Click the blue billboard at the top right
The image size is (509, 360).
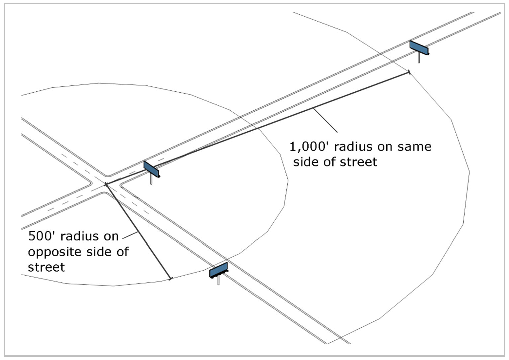click(419, 48)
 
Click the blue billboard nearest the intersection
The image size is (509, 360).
click(152, 169)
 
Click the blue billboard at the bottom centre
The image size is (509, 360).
click(218, 270)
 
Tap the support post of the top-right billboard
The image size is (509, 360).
click(419, 59)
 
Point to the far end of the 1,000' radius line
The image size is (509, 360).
click(409, 72)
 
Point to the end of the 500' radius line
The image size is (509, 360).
click(171, 278)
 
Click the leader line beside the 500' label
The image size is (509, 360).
click(130, 235)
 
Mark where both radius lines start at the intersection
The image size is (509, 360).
click(106, 184)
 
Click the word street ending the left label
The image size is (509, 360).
click(46, 267)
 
